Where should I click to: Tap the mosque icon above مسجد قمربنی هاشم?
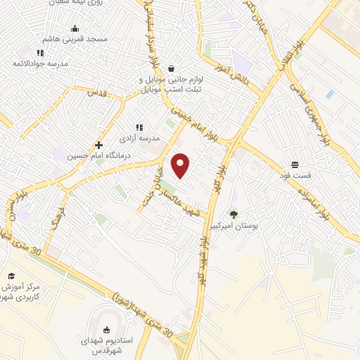click(75, 29)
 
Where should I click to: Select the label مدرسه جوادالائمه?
click(41, 63)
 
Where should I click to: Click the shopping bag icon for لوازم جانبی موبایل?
click(172, 69)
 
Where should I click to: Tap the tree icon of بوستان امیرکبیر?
click(233, 214)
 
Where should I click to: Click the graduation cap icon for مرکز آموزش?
click(11, 276)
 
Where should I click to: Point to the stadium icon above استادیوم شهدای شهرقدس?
click(106, 330)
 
